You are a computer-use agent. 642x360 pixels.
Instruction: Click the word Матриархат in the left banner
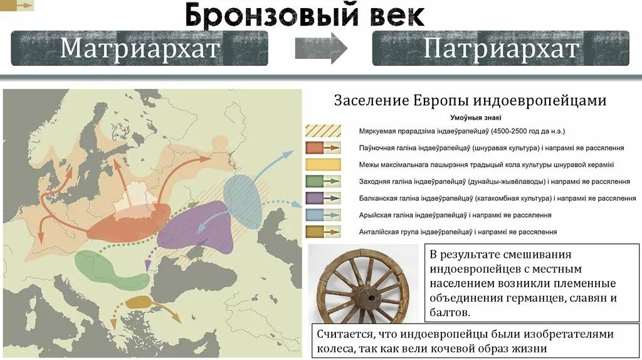(140, 48)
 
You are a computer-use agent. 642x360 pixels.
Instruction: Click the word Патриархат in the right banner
(501, 48)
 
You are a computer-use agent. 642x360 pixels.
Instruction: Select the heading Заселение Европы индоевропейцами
(470, 100)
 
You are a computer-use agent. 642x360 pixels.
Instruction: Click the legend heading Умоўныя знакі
(475, 117)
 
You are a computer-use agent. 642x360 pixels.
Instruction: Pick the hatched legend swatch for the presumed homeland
(323, 131)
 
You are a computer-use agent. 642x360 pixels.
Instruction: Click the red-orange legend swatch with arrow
(323, 148)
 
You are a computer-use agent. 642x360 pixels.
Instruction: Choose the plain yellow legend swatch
(323, 165)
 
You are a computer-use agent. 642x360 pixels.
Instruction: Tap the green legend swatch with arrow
(323, 181)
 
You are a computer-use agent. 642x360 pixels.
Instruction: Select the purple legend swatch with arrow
(323, 198)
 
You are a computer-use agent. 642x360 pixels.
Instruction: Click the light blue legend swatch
(323, 214)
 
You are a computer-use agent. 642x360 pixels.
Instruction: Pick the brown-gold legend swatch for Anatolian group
(323, 231)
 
